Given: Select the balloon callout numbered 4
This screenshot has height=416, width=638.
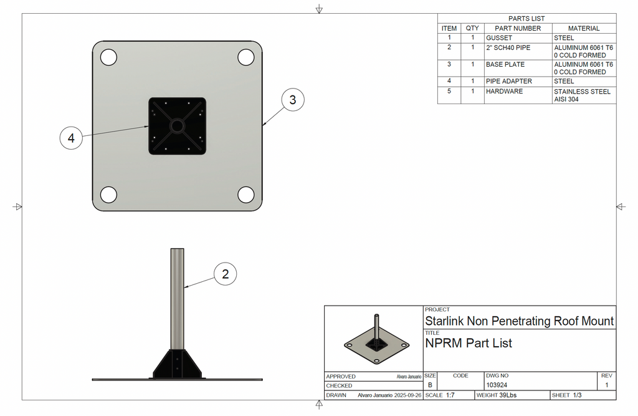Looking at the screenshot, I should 72,138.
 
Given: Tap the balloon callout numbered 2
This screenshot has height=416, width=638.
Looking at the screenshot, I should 226,274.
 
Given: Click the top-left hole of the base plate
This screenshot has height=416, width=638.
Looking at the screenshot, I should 108,57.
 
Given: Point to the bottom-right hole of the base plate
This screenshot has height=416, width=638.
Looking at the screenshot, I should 247,195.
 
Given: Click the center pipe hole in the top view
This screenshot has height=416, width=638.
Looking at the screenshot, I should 177,126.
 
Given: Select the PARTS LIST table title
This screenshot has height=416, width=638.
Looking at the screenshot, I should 526,19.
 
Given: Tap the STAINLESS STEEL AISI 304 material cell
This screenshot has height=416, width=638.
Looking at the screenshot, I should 583,95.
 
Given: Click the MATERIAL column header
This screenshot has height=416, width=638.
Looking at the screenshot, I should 584,28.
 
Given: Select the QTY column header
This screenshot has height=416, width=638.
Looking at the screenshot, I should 472,28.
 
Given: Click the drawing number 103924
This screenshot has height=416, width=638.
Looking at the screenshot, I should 497,385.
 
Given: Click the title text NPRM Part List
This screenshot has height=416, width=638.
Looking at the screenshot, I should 469,343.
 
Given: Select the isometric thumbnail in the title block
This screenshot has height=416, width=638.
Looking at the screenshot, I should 375,338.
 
